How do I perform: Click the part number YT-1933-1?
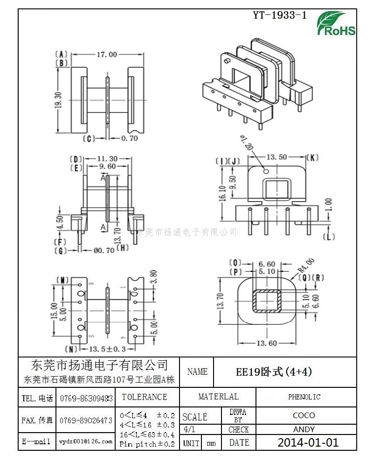[280, 15]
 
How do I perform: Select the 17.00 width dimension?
[107, 55]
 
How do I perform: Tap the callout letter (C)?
[88, 138]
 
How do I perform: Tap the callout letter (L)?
[329, 237]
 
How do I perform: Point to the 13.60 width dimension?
[267, 343]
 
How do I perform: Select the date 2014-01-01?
[308, 442]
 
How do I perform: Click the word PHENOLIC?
[304, 397]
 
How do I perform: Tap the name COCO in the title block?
[304, 415]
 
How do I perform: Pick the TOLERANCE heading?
[144, 397]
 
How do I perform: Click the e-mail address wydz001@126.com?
[85, 441]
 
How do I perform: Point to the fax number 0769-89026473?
[85, 420]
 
